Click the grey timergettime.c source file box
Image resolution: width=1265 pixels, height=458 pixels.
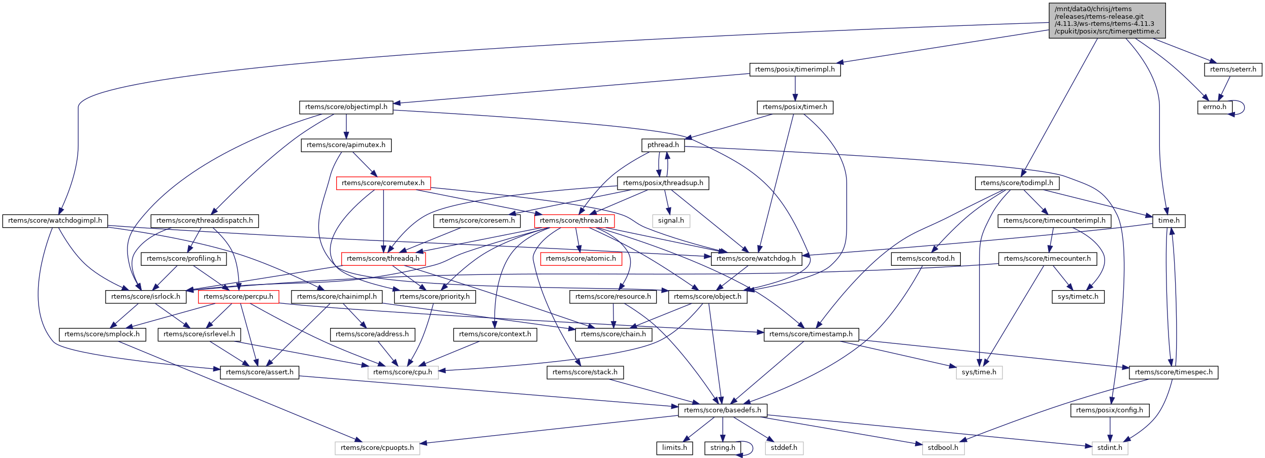1107,20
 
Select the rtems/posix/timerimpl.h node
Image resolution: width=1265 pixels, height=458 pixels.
795,69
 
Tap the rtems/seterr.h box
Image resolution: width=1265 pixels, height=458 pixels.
1232,69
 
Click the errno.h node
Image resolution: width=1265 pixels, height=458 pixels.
1214,107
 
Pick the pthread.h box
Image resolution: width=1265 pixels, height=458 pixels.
663,145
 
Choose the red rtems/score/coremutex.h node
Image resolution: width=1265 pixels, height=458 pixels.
383,183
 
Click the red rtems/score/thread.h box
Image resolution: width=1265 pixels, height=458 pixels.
574,221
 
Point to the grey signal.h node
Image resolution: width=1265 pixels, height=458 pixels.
671,221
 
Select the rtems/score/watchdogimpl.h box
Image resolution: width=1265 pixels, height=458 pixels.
55,221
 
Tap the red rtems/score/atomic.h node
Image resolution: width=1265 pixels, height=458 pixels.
580,259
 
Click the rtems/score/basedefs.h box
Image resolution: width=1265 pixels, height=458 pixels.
722,410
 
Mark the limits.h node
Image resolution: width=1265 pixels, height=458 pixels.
674,448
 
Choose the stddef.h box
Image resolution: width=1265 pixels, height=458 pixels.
784,448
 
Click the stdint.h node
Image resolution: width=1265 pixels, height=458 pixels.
1110,448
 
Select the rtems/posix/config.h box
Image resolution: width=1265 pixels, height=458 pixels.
1109,410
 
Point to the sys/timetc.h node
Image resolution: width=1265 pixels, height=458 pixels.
1078,297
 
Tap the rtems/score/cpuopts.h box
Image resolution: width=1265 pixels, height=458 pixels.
377,448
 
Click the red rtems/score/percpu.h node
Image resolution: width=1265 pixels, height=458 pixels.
238,297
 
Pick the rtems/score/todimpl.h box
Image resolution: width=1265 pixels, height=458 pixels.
1017,183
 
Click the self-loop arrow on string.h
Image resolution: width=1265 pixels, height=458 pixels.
751,448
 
